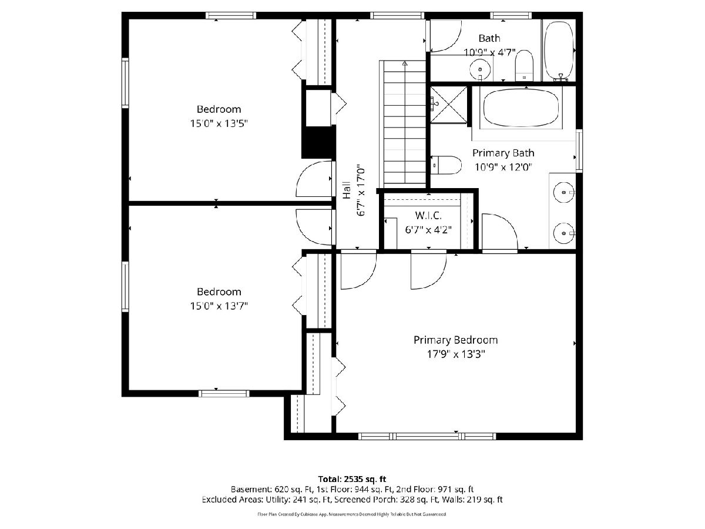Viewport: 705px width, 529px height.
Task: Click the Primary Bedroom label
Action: (455, 340)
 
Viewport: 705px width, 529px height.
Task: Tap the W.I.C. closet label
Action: (428, 215)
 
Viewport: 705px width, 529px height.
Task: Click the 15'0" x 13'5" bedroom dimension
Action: (219, 123)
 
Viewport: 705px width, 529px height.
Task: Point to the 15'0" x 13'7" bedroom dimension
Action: (219, 306)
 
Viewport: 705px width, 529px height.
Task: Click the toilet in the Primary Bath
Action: (446, 165)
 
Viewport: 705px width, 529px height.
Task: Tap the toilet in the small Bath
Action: (524, 65)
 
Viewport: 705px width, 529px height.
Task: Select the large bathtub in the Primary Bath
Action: (521, 108)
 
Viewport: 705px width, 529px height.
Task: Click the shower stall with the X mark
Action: (448, 105)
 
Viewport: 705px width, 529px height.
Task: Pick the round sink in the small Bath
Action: (480, 69)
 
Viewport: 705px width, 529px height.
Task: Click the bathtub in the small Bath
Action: (559, 50)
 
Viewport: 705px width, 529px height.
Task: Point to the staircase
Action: (404, 122)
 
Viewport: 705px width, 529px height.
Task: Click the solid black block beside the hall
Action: (318, 142)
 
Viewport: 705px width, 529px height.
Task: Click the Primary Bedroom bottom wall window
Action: (427, 436)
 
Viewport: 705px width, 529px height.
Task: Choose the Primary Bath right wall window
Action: (579, 150)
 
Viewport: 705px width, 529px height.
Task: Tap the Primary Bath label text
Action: (503, 153)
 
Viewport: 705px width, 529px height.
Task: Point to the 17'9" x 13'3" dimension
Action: (455, 354)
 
